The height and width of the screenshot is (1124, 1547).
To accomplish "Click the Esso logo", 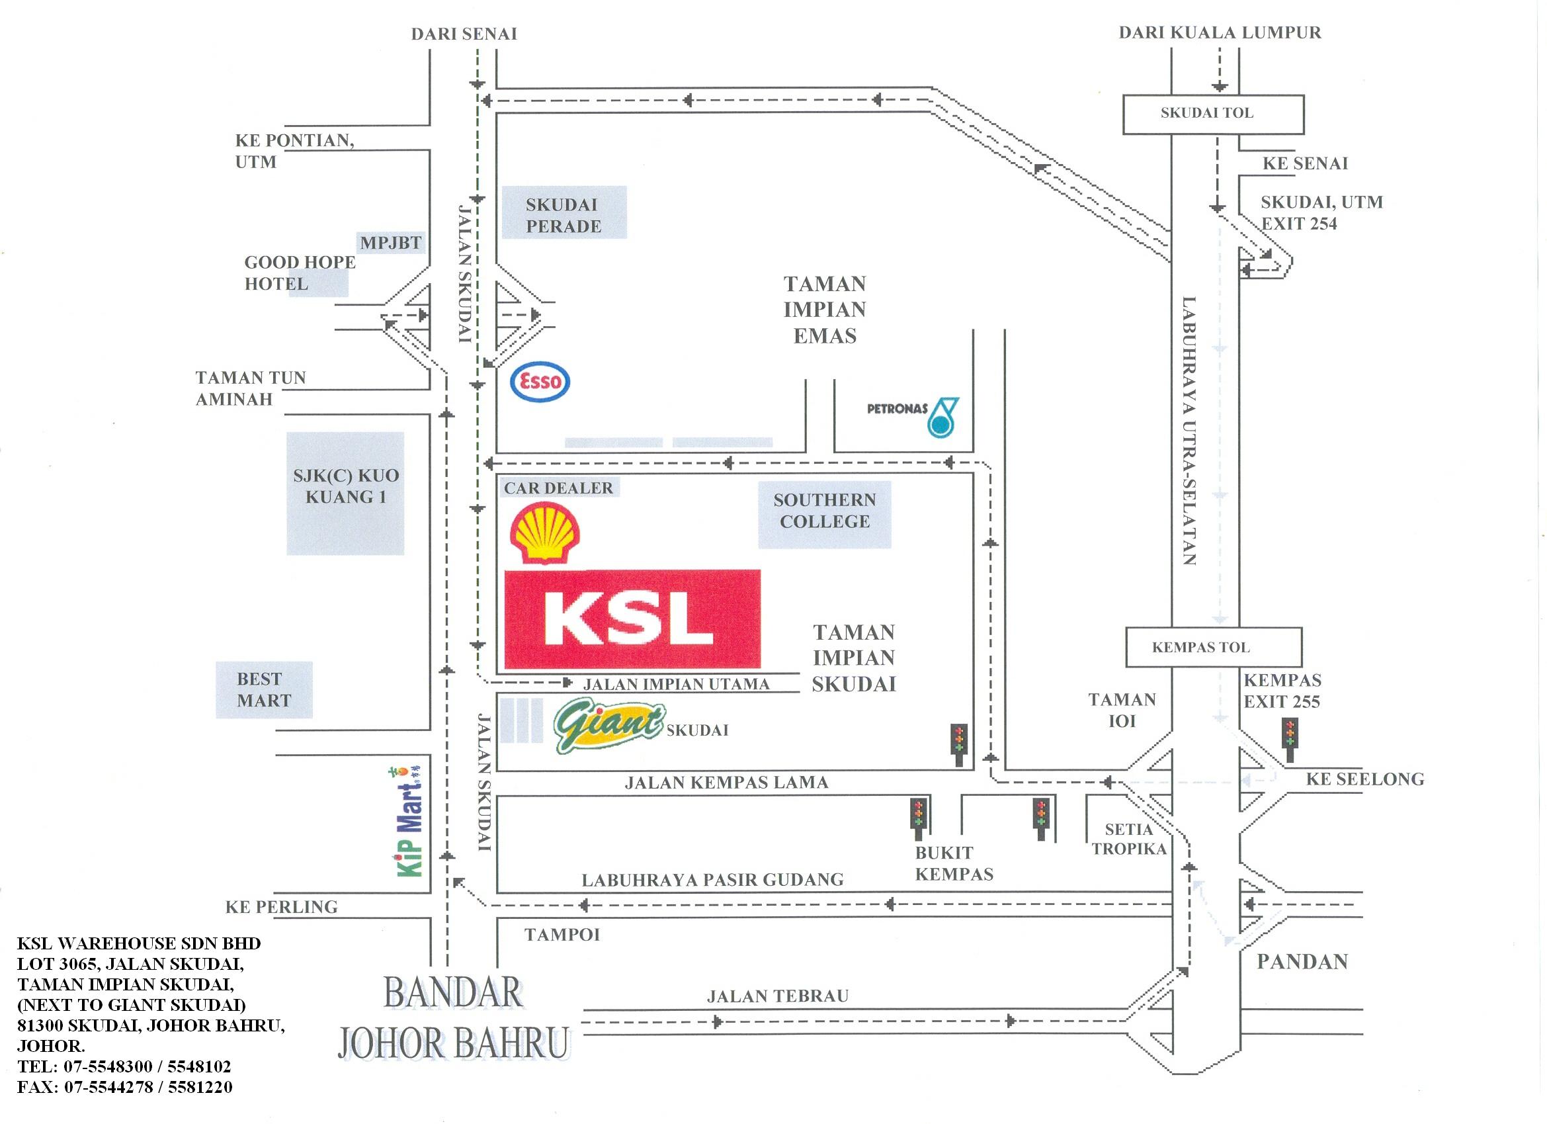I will tap(540, 382).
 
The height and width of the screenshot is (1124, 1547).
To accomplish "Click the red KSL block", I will tap(632, 619).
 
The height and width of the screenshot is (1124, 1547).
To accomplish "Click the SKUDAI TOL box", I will tap(1213, 114).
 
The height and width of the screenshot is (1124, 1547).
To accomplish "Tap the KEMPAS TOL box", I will tap(1213, 647).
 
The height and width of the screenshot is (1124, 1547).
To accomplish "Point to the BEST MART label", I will tap(264, 690).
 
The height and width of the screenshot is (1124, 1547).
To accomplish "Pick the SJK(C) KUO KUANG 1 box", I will tap(345, 493).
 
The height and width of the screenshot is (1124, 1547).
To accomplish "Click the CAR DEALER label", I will tap(559, 488).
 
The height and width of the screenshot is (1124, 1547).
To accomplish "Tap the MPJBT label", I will tap(391, 242).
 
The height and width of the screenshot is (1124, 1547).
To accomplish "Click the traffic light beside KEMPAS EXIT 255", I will tap(1289, 739).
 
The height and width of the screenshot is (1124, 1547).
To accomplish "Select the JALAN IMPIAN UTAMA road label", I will tap(676, 684).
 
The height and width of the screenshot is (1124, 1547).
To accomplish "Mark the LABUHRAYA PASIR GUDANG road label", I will tap(712, 881).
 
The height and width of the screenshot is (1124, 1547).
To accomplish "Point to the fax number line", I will tap(125, 1087).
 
